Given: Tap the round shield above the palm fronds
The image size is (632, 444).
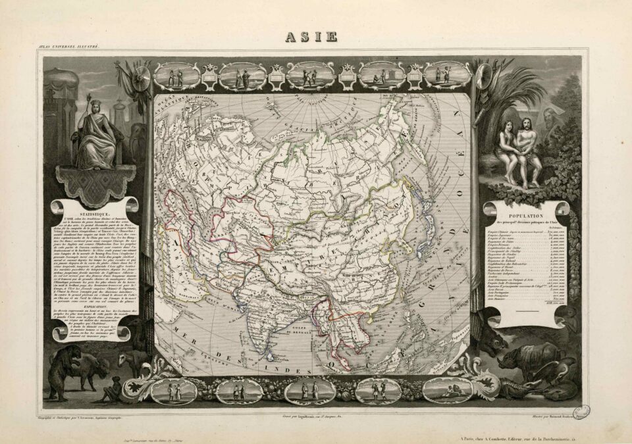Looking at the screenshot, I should pos(483,72).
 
